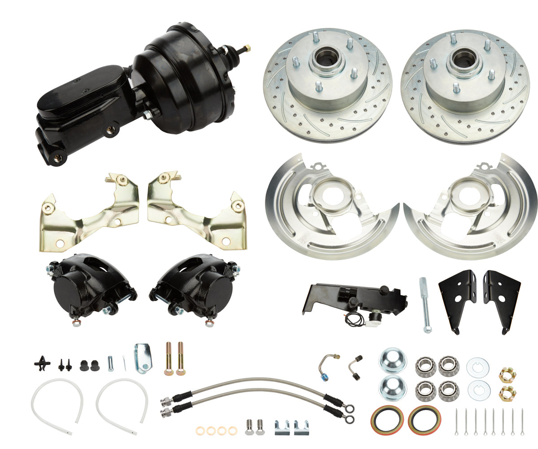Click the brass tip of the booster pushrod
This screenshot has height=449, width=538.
[247, 48]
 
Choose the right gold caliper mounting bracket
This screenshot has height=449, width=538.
[197, 211]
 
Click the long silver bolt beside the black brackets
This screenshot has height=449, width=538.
[424, 305]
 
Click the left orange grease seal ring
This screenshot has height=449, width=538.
[387, 420]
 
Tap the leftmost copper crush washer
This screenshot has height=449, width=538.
[200, 431]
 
